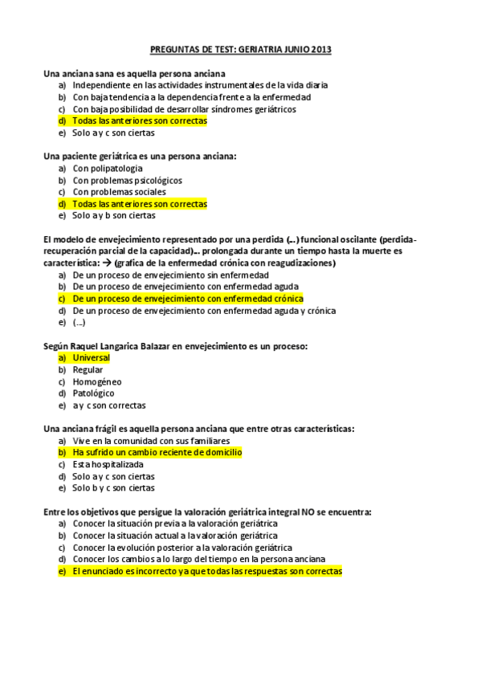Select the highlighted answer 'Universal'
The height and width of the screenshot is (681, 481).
click(91, 357)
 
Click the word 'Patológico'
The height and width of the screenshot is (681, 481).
click(93, 394)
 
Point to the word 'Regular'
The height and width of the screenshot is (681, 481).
click(88, 369)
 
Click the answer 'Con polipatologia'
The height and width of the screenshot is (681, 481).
click(108, 169)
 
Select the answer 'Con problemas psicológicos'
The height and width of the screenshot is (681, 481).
click(127, 181)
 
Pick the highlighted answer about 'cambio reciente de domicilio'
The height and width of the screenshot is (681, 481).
click(157, 452)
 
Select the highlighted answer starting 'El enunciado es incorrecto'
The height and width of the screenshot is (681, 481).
click(206, 571)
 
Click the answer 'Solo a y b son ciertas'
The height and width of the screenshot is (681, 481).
click(113, 215)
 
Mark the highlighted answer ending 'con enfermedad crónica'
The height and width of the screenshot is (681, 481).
click(188, 299)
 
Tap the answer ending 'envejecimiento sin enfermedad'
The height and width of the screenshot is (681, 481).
click(170, 275)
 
